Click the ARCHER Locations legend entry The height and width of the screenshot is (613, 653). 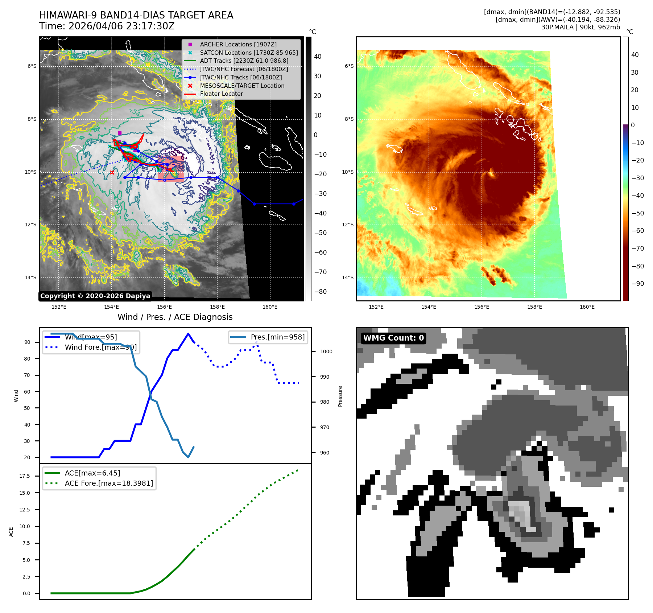coord(238,44)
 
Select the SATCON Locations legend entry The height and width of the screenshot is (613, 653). coord(249,53)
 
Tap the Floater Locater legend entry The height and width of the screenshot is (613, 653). coord(221,94)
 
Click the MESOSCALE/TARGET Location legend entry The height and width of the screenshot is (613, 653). coord(242,86)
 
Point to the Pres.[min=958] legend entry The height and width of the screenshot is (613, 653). coord(277,337)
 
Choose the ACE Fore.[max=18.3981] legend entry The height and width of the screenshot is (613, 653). coord(109,483)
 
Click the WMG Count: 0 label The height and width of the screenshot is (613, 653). coord(393,338)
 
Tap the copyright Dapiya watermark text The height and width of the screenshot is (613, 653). coord(95,296)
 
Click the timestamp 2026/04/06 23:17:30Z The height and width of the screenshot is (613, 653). coord(121,26)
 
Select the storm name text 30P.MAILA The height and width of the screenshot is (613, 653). coord(557,27)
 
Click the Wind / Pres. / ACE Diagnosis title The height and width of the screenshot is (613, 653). coord(175,317)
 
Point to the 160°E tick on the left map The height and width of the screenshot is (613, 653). coord(270,307)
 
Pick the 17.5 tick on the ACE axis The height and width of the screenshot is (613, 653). coord(25,476)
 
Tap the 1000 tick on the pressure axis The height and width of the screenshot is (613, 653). coord(326,351)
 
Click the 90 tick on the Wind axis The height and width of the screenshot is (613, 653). coord(27,342)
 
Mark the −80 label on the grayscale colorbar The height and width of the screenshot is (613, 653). coord(320,292)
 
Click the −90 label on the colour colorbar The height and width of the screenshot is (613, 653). coord(637,284)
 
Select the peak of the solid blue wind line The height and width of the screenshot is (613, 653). coord(188,334)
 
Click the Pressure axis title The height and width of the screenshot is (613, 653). coord(340,396)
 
